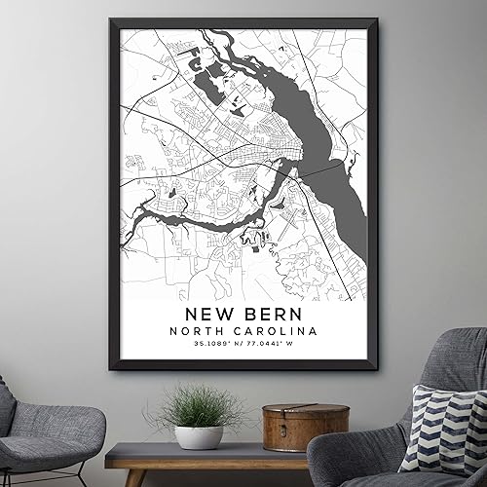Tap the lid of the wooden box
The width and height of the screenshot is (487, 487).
(x=291, y=412)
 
